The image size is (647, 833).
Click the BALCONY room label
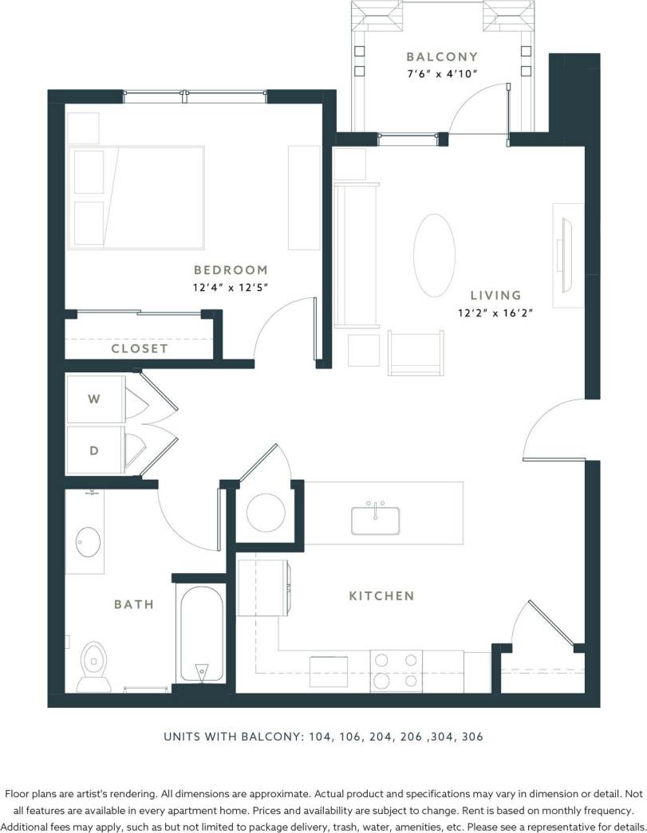click(x=442, y=57)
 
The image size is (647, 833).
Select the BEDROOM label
click(x=231, y=270)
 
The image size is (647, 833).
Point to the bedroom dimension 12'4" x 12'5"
click(x=231, y=288)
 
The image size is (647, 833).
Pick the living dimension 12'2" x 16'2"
click(x=495, y=312)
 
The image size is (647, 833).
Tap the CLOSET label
click(x=140, y=348)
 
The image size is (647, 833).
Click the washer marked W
click(x=94, y=399)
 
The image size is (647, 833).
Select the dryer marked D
click(x=94, y=450)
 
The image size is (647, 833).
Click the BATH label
click(x=133, y=604)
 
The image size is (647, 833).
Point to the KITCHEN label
click(x=381, y=595)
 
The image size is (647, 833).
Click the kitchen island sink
click(x=375, y=519)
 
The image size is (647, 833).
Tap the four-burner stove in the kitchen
click(x=396, y=671)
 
